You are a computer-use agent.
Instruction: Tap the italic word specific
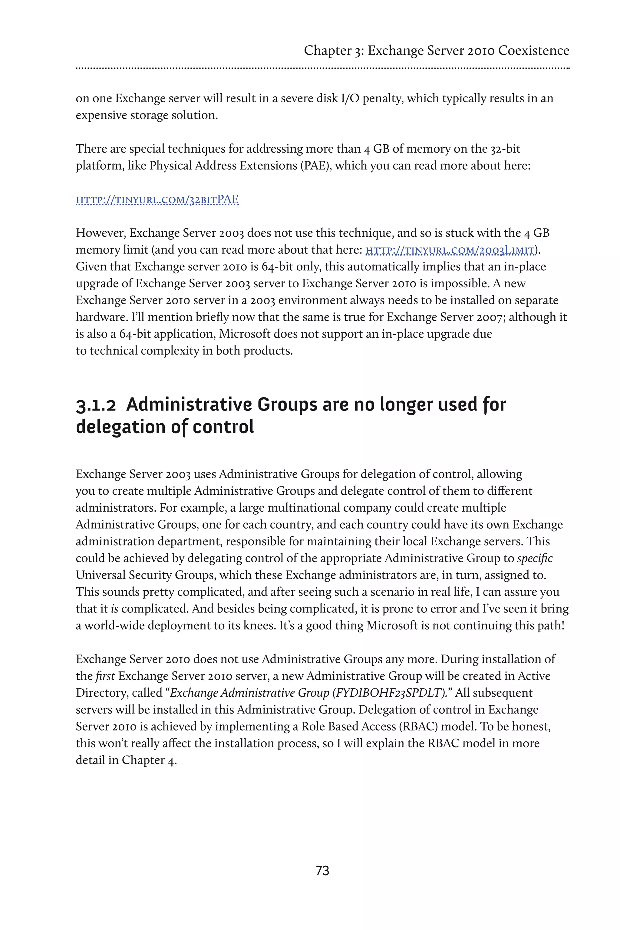[535, 558]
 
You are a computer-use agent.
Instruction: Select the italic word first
[105, 676]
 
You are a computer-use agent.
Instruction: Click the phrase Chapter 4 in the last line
[149, 760]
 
